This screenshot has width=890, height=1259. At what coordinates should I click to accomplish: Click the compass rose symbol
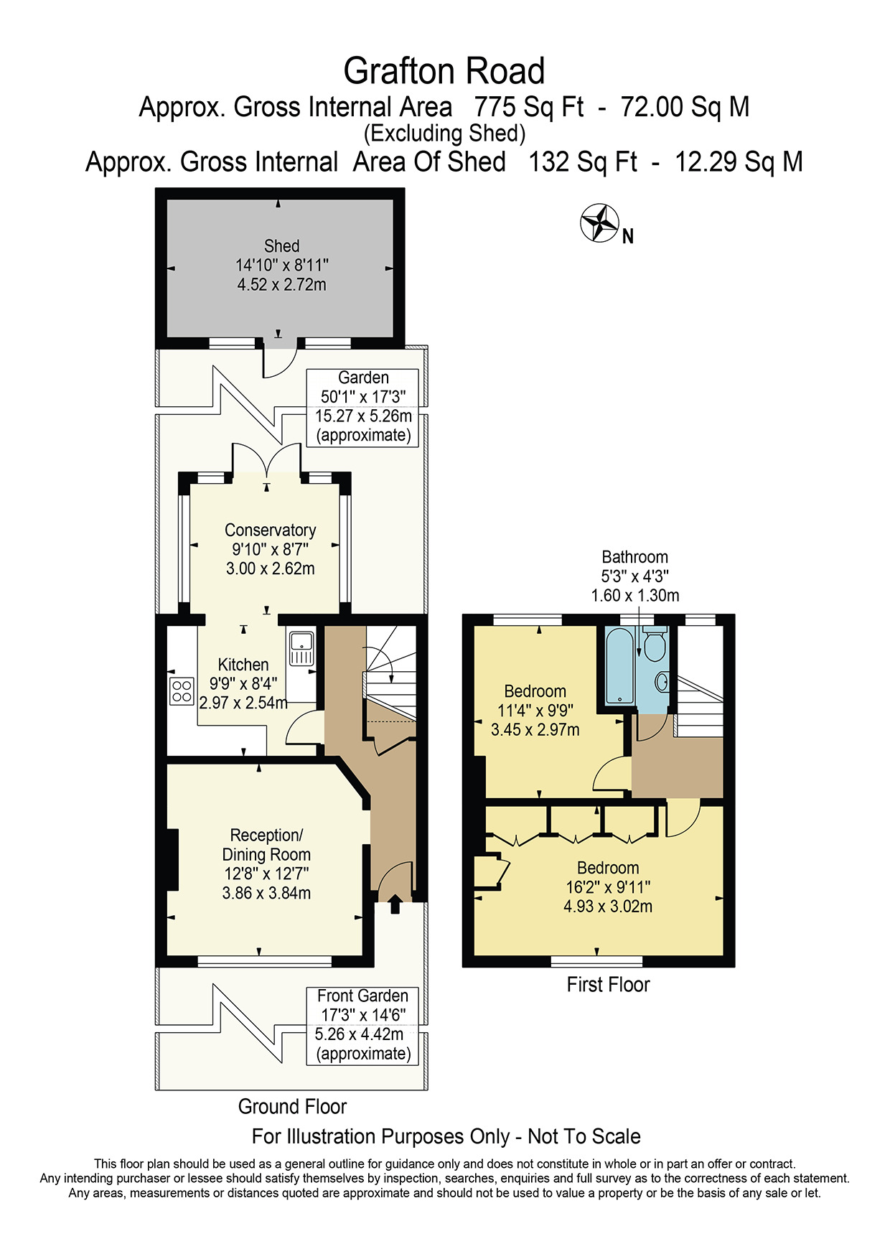[599, 223]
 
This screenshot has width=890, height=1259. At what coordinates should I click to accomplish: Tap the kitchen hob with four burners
[182, 691]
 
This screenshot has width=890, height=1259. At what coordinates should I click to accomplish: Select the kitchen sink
[301, 648]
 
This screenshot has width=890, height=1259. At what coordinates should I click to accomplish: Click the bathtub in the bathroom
[619, 666]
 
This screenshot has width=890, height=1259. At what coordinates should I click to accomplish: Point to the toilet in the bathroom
[654, 644]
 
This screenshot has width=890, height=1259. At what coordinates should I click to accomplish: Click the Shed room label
[281, 246]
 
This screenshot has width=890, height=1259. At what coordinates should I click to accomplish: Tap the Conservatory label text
[271, 530]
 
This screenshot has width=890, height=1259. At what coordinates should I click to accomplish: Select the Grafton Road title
[444, 71]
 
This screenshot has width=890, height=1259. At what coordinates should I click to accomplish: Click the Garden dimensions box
[362, 408]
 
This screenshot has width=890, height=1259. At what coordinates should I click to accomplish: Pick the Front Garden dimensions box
[362, 1026]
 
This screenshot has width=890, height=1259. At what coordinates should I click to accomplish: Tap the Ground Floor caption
[292, 1106]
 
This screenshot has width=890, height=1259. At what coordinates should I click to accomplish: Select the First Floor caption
[608, 984]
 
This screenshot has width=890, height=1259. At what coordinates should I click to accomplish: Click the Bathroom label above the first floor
[634, 557]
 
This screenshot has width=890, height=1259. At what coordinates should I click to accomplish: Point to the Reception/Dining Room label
[266, 845]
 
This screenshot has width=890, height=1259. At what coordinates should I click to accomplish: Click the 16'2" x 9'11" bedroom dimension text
[608, 887]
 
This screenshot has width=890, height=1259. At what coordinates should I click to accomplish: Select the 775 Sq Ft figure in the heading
[529, 107]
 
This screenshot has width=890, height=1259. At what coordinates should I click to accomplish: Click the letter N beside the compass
[628, 237]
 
